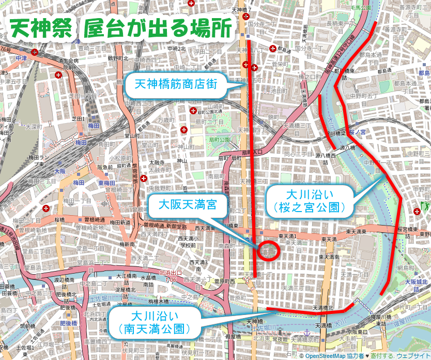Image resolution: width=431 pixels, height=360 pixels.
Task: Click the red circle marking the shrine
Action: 269,251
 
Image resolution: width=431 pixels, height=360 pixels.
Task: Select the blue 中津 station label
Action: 21,58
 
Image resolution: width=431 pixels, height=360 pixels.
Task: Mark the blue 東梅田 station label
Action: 107,183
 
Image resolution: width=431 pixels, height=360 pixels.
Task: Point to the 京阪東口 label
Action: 358,331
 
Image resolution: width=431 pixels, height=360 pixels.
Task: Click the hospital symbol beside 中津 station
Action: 34,52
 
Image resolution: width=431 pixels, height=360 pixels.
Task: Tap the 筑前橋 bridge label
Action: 26,326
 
